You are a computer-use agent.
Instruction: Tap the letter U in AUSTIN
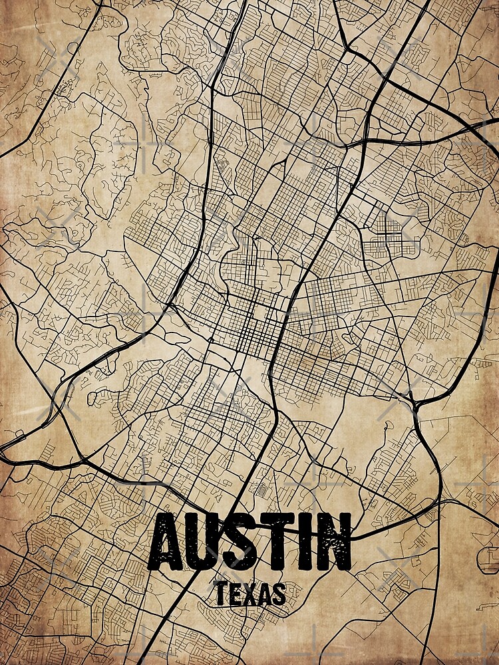coord(216,542)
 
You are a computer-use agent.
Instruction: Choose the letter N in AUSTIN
coord(336,542)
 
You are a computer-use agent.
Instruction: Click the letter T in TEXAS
coord(220,593)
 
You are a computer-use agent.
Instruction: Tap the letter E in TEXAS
coord(234,593)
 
